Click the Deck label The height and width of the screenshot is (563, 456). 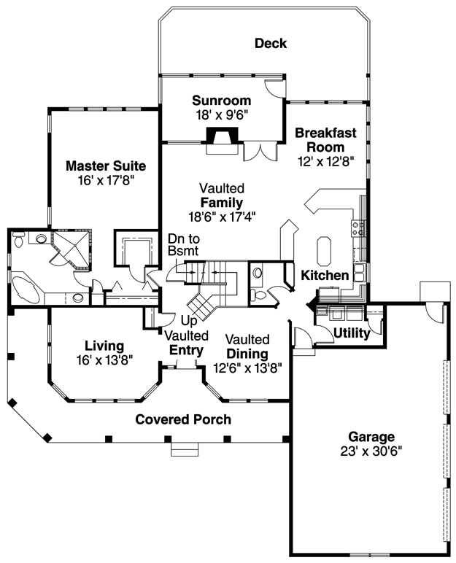(x=271, y=44)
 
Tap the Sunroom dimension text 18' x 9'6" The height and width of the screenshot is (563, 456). (x=222, y=115)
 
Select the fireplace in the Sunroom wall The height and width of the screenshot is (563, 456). (x=222, y=141)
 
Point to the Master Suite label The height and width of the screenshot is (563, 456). (x=106, y=166)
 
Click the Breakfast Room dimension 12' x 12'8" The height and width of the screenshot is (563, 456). (x=326, y=162)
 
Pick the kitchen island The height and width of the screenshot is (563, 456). (x=324, y=250)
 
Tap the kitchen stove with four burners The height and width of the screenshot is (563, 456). (x=358, y=228)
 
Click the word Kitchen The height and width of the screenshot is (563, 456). (x=325, y=276)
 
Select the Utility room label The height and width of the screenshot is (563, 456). (x=352, y=333)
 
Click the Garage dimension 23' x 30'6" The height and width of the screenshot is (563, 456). (x=371, y=451)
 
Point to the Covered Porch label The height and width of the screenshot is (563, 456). (x=183, y=419)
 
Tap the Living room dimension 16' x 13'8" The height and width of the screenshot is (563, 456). (x=104, y=360)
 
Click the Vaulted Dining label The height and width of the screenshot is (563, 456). (x=247, y=346)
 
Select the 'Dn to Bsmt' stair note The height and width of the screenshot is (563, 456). (x=184, y=244)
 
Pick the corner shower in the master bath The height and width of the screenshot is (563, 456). (x=72, y=249)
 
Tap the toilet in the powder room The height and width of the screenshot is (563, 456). (x=258, y=295)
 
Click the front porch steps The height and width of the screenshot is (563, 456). (x=185, y=449)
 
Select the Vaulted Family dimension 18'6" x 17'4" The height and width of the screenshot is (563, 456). (x=222, y=217)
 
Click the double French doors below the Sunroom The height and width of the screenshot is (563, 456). (x=260, y=152)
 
